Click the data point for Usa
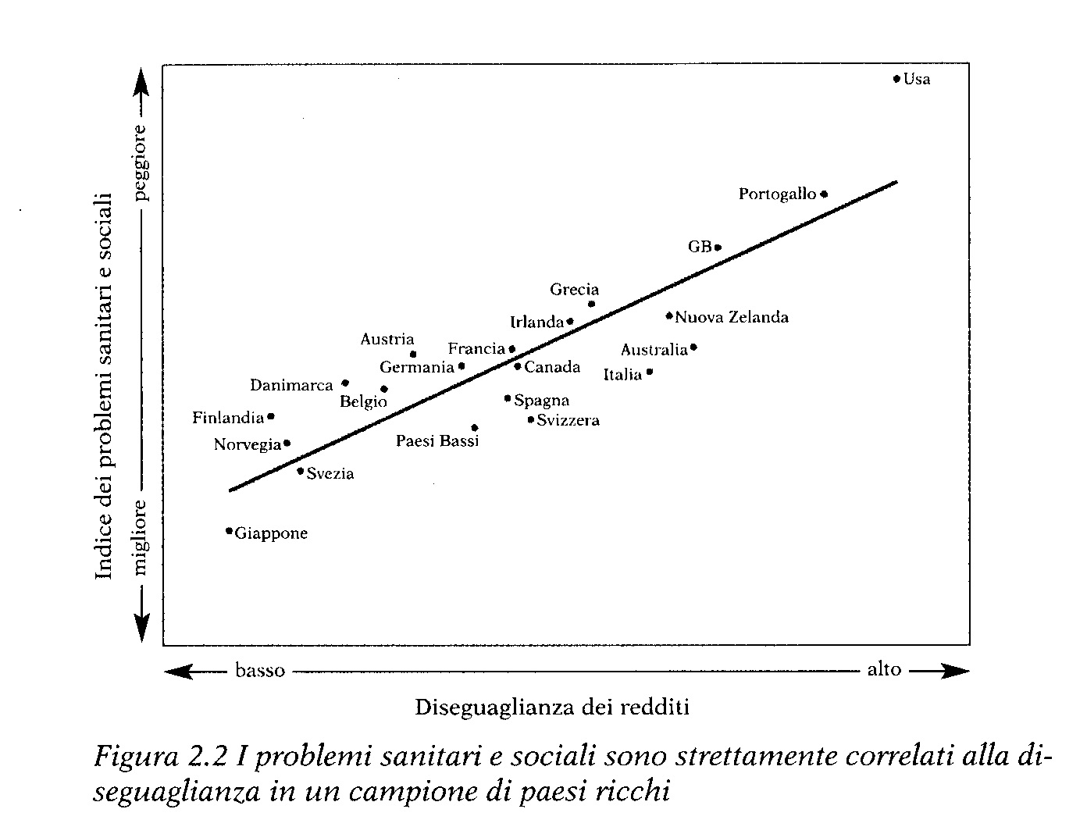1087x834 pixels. click(897, 78)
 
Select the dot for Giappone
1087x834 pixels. click(229, 531)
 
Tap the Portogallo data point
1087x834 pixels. click(824, 194)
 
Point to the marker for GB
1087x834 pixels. click(718, 248)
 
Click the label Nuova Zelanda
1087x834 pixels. click(732, 317)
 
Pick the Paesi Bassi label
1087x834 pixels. click(437, 441)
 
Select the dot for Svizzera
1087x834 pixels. click(531, 419)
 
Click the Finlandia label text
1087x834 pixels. click(228, 418)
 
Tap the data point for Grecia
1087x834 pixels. click(591, 304)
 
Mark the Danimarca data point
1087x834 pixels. click(345, 383)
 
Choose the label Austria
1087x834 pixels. click(387, 339)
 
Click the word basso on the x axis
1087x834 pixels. click(260, 670)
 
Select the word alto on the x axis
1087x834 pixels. click(884, 669)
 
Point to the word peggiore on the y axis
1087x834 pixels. click(141, 162)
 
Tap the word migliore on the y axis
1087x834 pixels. click(141, 537)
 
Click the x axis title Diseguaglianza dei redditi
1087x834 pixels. click(551, 707)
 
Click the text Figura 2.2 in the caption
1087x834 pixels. click(161, 757)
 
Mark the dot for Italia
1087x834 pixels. click(650, 372)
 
